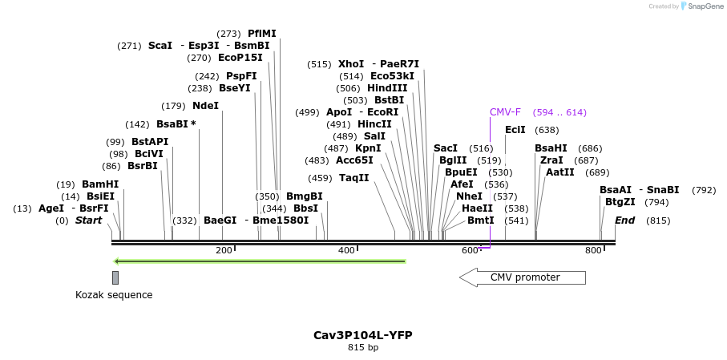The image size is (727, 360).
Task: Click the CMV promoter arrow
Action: coord(523,277)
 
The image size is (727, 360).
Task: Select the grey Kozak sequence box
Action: coord(115,277)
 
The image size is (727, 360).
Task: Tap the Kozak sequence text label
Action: coord(114,295)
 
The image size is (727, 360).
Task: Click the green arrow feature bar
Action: coord(261,261)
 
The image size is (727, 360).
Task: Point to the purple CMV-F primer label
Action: coord(505,112)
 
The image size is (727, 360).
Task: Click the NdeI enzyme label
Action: coord(205,106)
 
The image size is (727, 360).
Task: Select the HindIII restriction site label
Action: coord(387,88)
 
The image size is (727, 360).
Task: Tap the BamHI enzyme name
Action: coord(100,184)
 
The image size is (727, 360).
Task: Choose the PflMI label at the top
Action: coord(262,34)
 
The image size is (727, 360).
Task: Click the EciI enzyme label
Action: coord(515,130)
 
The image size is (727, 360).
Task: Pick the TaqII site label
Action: coord(354,178)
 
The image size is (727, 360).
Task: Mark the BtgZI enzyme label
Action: coord(620,202)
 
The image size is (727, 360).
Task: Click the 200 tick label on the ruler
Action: coord(224,251)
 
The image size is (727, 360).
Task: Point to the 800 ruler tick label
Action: coord(593,251)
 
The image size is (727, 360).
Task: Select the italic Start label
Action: coord(89,220)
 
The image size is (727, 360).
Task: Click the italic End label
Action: coord(624,220)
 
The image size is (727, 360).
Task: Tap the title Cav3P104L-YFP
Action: coord(363,335)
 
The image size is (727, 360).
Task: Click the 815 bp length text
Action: coord(363,348)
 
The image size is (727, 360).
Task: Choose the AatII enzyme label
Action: coord(560,172)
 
